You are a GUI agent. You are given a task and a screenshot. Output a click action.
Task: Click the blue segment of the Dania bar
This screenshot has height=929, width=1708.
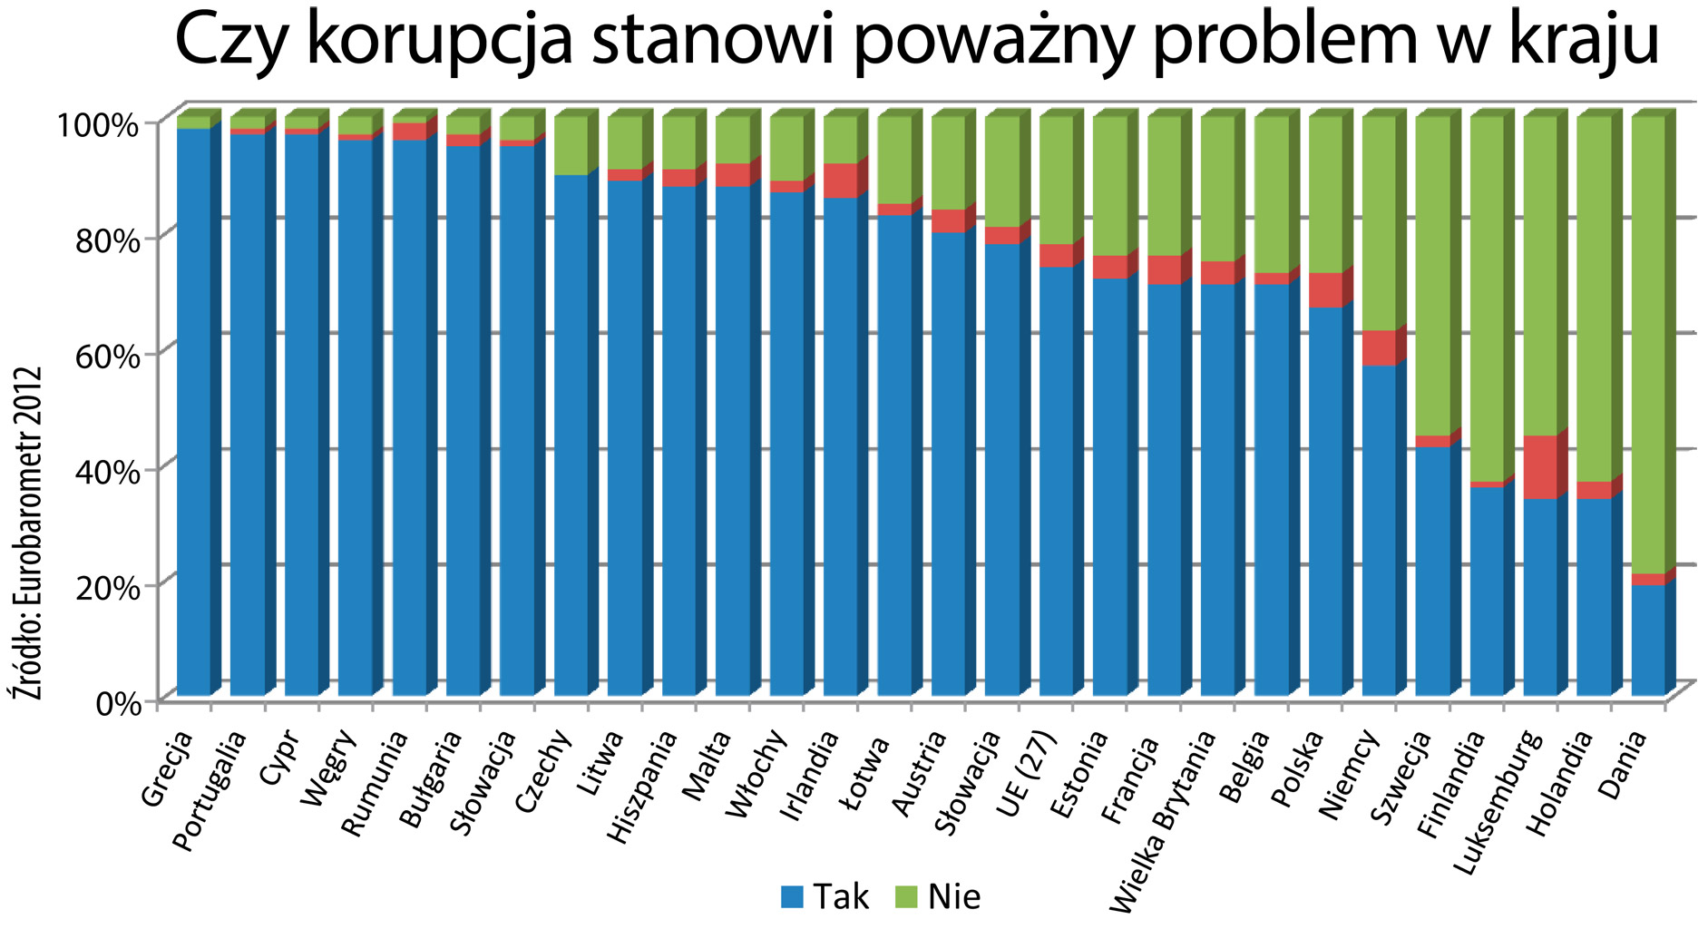point(1648,640)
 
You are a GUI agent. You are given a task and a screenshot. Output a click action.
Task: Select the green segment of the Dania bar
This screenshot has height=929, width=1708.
point(1648,345)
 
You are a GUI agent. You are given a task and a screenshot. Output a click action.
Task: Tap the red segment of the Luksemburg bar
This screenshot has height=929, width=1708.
point(1540,467)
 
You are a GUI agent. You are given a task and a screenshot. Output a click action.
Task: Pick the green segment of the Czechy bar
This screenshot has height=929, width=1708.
point(571,145)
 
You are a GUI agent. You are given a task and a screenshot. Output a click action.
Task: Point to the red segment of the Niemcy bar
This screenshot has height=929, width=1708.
point(1379,347)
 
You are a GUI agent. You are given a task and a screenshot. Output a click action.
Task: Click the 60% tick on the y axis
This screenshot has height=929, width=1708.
point(113,354)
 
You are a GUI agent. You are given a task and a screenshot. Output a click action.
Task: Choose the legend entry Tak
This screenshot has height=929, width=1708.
point(825,897)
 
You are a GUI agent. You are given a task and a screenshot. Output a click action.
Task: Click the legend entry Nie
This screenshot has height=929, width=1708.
point(938,897)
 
